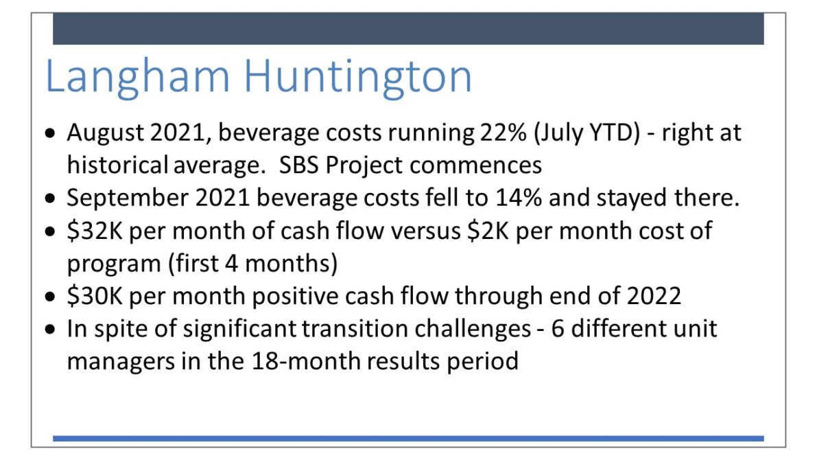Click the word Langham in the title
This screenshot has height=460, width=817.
pyautogui.click(x=138, y=77)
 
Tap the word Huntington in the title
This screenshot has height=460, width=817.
pyautogui.click(x=357, y=76)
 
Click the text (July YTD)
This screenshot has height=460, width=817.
pyautogui.click(x=587, y=133)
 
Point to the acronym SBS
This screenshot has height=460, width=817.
pyautogui.click(x=298, y=165)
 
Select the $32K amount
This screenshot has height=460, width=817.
pyautogui.click(x=95, y=231)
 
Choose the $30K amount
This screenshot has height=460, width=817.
pyautogui.click(x=95, y=296)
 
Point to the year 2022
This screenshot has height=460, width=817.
pyautogui.click(x=654, y=296)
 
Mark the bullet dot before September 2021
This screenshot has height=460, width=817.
pyautogui.click(x=50, y=199)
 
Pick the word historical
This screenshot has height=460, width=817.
pyautogui.click(x=117, y=165)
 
